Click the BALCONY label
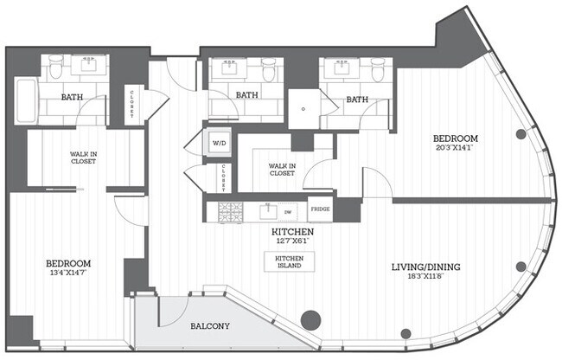click(x=209, y=326)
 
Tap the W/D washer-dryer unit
click(x=217, y=142)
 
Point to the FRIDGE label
click(x=320, y=209)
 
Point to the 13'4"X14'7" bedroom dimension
click(x=68, y=273)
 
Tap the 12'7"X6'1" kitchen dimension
click(x=292, y=243)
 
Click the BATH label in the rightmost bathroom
click(x=357, y=100)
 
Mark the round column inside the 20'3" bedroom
click(x=521, y=134)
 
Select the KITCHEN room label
click(x=292, y=233)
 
